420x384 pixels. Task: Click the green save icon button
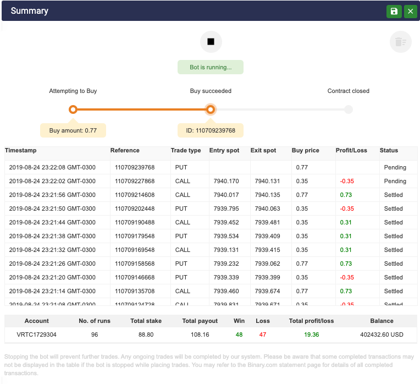coord(394,12)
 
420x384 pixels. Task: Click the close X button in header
coord(410,12)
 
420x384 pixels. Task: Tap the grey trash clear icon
coord(400,42)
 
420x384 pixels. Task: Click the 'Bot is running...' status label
coord(210,67)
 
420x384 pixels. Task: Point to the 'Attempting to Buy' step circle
coord(73,109)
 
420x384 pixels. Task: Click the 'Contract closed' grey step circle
coord(349,109)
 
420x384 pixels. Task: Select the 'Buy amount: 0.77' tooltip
coord(73,130)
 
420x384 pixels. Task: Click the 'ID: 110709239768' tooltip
coord(211,130)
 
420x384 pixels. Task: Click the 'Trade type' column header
coord(186,150)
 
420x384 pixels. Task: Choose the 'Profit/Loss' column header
coord(351,150)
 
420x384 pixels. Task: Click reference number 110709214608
coord(135,195)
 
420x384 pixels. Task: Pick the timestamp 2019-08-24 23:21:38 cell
coord(52,236)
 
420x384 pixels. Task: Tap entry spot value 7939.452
coord(226,222)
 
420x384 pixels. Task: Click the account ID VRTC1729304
coord(37,334)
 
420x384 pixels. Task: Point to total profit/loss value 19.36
coord(311,334)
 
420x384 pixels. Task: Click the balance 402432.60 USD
coord(382,334)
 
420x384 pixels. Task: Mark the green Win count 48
coord(239,334)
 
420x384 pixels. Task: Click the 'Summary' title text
coord(30,11)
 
